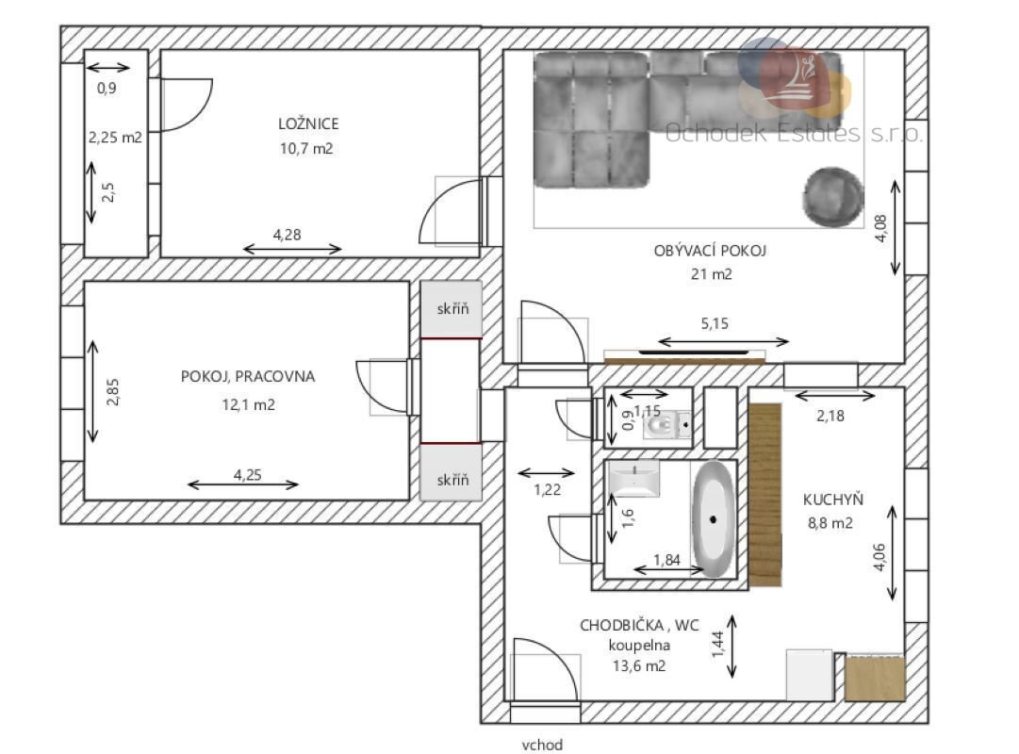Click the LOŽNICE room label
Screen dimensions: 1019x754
click(x=308, y=123)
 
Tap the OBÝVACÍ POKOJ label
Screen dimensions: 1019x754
click(x=710, y=251)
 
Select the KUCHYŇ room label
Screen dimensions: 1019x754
click(x=832, y=500)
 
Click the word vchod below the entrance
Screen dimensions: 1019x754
click(x=542, y=745)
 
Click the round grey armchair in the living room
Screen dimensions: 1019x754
click(x=832, y=197)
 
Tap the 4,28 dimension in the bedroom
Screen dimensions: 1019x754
click(x=287, y=234)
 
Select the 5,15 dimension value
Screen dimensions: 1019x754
click(x=715, y=323)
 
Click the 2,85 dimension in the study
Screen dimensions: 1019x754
click(x=113, y=392)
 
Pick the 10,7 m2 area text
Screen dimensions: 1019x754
click(x=306, y=148)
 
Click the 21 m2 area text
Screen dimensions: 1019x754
click(x=711, y=274)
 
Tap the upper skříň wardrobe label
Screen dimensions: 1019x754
click(x=452, y=309)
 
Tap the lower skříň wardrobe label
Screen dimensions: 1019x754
click(x=452, y=480)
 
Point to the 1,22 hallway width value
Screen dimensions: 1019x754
click(x=547, y=490)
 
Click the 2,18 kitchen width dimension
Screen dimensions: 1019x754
click(x=830, y=416)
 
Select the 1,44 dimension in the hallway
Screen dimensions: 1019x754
click(x=717, y=644)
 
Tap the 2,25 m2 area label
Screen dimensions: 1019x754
click(x=115, y=138)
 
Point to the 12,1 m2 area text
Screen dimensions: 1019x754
click(x=248, y=404)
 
